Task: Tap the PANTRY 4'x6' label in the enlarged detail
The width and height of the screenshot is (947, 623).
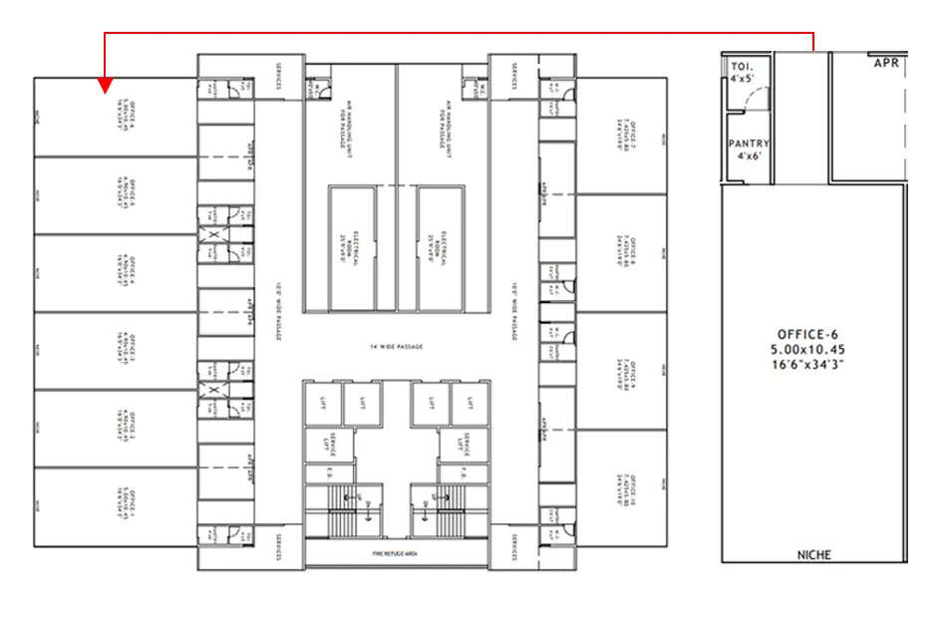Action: coord(748,150)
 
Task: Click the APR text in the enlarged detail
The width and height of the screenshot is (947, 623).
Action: coord(887,62)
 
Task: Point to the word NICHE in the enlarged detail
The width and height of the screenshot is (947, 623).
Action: coord(813,554)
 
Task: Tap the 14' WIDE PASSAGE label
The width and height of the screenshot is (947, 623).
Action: coord(397,346)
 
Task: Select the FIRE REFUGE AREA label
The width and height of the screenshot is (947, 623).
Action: coord(397,551)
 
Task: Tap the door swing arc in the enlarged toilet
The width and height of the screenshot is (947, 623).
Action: coord(757,98)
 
